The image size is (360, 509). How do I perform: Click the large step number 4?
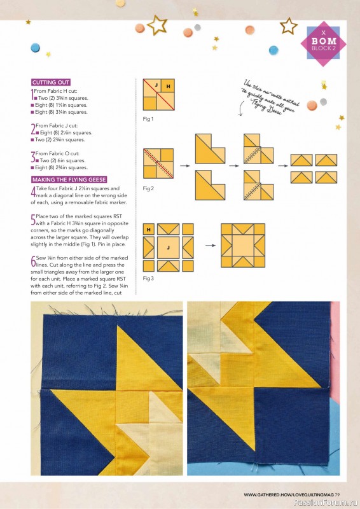tap(33, 192)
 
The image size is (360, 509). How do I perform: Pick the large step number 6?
tap(33, 261)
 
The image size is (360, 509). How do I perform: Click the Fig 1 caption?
tap(148, 119)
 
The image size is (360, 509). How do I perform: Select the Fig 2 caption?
tap(148, 188)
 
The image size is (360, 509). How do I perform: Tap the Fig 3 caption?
tap(148, 279)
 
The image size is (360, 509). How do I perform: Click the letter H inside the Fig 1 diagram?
tap(169, 86)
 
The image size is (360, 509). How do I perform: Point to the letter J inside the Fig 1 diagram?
tap(156, 84)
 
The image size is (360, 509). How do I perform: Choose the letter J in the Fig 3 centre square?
tap(169, 248)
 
